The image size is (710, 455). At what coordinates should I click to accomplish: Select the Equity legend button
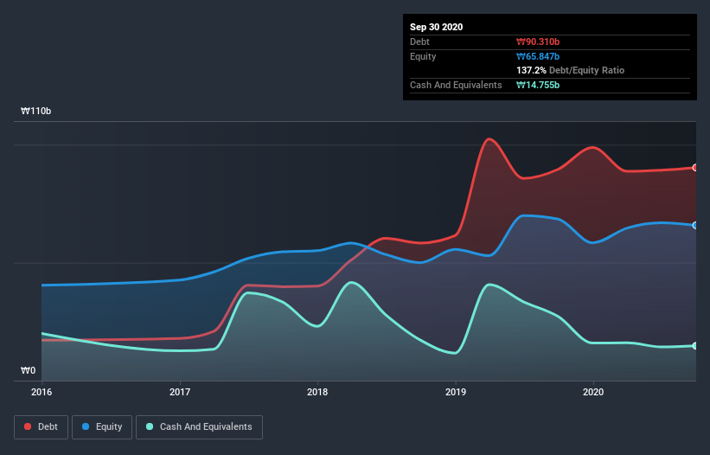pyautogui.click(x=102, y=426)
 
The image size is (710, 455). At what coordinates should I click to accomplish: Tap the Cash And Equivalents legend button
pyautogui.click(x=199, y=426)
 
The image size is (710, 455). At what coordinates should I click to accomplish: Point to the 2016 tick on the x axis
pyautogui.click(x=41, y=392)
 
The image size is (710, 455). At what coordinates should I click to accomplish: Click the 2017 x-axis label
pyautogui.click(x=180, y=392)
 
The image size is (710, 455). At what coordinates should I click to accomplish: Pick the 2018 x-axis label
pyautogui.click(x=317, y=392)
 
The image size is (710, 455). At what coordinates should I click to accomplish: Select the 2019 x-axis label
pyautogui.click(x=456, y=392)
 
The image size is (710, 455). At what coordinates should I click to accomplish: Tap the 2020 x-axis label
pyautogui.click(x=593, y=392)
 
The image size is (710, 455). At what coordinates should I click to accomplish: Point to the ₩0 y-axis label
pyautogui.click(x=29, y=371)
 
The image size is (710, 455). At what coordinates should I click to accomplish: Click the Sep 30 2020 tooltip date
pyautogui.click(x=437, y=27)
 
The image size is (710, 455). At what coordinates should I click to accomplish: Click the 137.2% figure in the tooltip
pyautogui.click(x=531, y=70)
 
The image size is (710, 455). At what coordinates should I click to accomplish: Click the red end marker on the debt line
pyautogui.click(x=695, y=168)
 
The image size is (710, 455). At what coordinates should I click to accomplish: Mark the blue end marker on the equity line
pyautogui.click(x=695, y=225)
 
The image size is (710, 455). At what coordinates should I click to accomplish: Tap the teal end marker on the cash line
pyautogui.click(x=695, y=346)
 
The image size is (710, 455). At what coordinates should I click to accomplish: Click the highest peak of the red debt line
pyautogui.click(x=489, y=138)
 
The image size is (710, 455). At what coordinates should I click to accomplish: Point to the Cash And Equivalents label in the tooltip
pyautogui.click(x=456, y=85)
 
